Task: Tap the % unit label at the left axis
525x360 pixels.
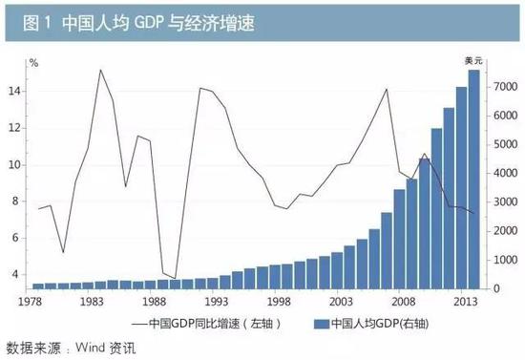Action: click(x=33, y=63)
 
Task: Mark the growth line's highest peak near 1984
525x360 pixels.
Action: click(x=100, y=70)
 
